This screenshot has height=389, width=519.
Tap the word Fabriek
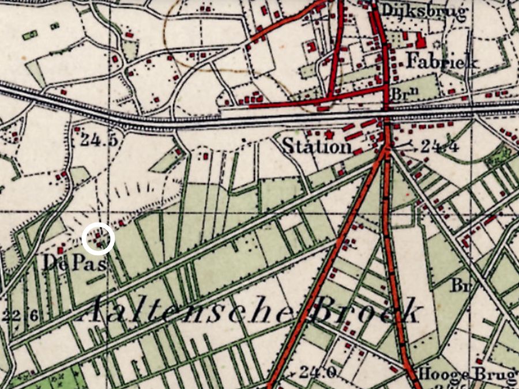coord(443,61)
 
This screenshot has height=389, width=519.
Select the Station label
coord(317,146)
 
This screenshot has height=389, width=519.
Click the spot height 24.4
coord(439,148)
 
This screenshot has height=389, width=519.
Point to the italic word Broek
coord(367,311)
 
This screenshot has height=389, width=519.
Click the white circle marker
coord(99,239)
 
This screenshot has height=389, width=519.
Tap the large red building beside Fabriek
coord(420,41)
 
